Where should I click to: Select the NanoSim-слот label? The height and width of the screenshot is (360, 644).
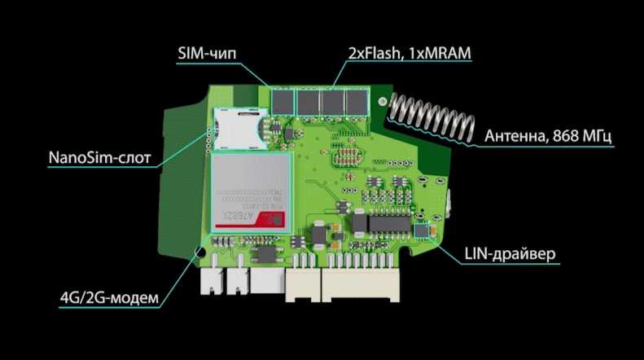coord(100,155)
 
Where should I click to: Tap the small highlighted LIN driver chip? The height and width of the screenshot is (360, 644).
coord(422,232)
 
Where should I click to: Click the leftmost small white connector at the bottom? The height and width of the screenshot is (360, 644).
coord(210,283)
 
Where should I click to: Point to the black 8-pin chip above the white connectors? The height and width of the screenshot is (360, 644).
coord(263,252)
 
